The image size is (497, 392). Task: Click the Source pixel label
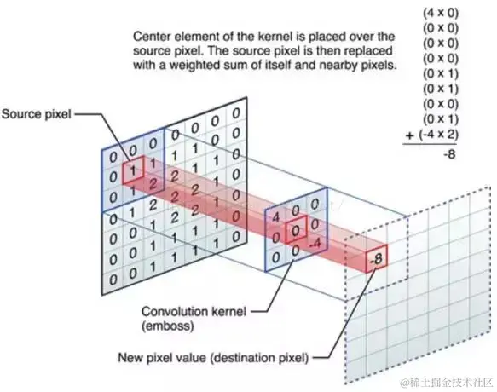tap(36, 114)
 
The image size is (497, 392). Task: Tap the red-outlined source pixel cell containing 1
tap(133, 170)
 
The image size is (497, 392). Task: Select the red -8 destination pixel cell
tap(377, 259)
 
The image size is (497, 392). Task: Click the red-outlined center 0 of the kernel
tap(296, 230)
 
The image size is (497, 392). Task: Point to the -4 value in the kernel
tap(315, 244)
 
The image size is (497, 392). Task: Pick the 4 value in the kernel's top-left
tap(275, 217)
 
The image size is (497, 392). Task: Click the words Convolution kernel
tap(194, 312)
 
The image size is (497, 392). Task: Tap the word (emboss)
tap(168, 326)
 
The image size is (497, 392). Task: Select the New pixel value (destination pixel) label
tap(213, 358)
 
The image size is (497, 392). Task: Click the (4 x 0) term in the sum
tap(441, 13)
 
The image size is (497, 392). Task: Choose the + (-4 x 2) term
tap(432, 135)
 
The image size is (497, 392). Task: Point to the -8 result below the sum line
tap(449, 154)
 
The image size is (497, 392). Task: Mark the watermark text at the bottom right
tap(447, 382)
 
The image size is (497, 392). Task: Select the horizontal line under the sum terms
tap(430, 144)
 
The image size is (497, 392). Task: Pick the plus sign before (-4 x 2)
tap(410, 135)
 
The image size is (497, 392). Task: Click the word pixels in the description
tap(379, 65)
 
